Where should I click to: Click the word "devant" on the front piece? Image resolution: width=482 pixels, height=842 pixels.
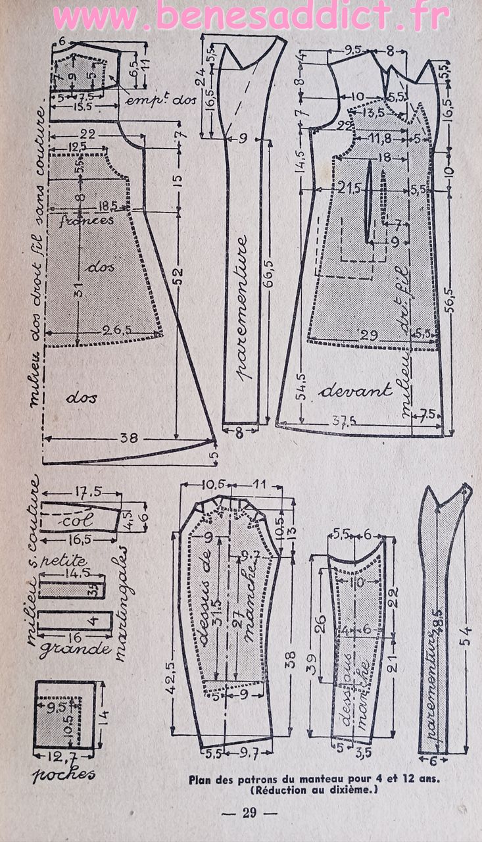355,390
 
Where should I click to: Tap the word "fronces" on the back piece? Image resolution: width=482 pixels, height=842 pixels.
87,220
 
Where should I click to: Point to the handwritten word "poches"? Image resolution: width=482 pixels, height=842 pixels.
64,774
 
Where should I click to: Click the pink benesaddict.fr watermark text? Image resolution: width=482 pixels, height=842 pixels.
250,18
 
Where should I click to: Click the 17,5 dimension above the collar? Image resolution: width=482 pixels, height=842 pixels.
84,491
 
